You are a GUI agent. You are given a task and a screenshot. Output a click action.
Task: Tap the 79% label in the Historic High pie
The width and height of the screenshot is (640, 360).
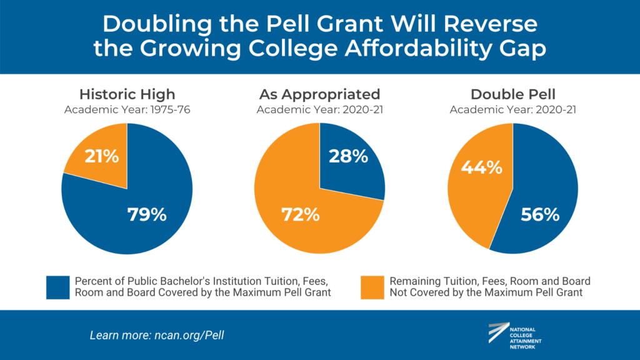tap(147, 214)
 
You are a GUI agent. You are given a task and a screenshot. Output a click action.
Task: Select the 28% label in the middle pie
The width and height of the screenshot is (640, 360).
tap(347, 156)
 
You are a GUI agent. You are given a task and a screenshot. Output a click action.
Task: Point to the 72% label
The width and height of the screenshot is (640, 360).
tap(299, 214)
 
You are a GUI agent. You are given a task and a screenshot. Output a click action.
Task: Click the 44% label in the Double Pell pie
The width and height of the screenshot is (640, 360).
tap(482, 167)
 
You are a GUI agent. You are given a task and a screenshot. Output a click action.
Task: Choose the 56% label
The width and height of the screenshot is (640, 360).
tap(539, 214)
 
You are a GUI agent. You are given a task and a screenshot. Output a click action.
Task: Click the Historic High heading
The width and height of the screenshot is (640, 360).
tap(127, 94)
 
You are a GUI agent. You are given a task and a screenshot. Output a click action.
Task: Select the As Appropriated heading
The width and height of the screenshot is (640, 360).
tap(319, 94)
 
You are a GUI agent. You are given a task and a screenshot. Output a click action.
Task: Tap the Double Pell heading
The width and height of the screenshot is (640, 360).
tap(512, 94)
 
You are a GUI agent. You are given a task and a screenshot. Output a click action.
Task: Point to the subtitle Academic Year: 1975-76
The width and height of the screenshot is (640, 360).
tap(127, 110)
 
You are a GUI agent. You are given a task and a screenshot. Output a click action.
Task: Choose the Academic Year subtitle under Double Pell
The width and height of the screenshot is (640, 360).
tap(512, 110)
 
